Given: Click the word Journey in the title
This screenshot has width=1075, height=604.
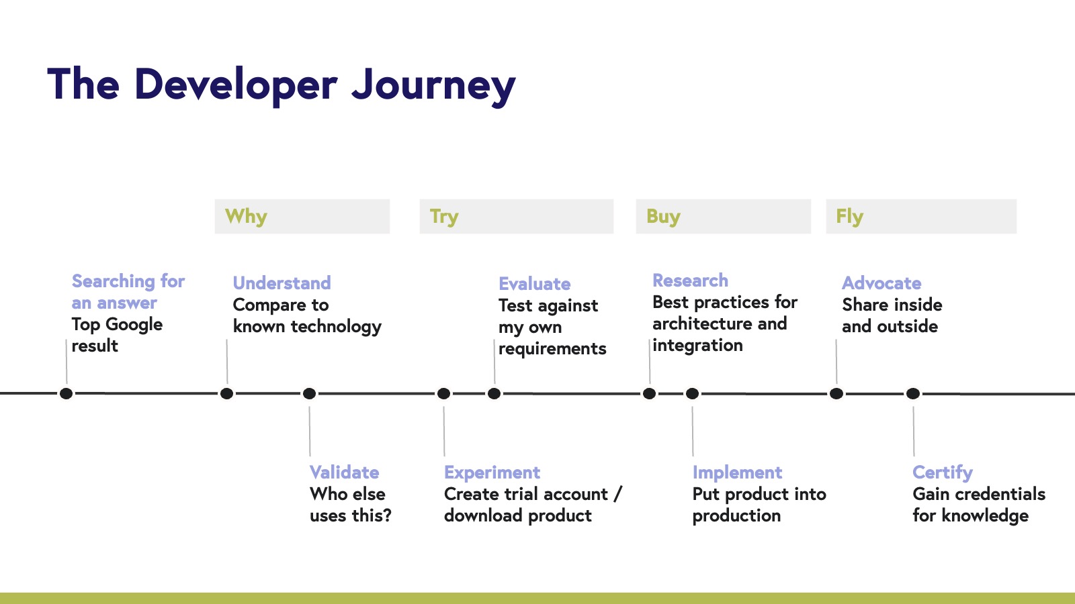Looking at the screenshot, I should (x=433, y=85).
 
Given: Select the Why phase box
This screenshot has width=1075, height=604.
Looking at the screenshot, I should (x=302, y=216).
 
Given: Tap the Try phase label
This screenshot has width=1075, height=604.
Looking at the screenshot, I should (x=444, y=216).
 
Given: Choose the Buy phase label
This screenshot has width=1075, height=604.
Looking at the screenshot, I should (x=663, y=216).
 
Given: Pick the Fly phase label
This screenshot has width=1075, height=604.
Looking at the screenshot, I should (x=849, y=216).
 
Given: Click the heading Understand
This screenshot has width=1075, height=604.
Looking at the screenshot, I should (x=282, y=283).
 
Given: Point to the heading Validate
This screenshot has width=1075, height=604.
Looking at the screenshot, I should (x=344, y=472).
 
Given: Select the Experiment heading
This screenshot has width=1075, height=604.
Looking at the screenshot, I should (x=492, y=472).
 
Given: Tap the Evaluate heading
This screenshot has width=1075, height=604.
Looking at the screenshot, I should (x=534, y=283).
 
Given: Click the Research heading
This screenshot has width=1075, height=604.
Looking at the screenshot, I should (x=690, y=280).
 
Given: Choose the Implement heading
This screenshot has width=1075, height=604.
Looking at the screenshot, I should (x=737, y=472).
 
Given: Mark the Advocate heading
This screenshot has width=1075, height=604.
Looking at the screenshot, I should (x=881, y=283).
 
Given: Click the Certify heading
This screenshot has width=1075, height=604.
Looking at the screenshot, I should (x=942, y=472).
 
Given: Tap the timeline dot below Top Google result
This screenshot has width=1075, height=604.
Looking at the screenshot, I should (x=66, y=393).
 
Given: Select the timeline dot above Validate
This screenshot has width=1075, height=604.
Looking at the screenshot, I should (x=309, y=393).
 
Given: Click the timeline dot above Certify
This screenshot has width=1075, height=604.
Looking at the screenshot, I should (x=912, y=393).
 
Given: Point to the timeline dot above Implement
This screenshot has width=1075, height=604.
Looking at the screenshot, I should (x=692, y=393).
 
